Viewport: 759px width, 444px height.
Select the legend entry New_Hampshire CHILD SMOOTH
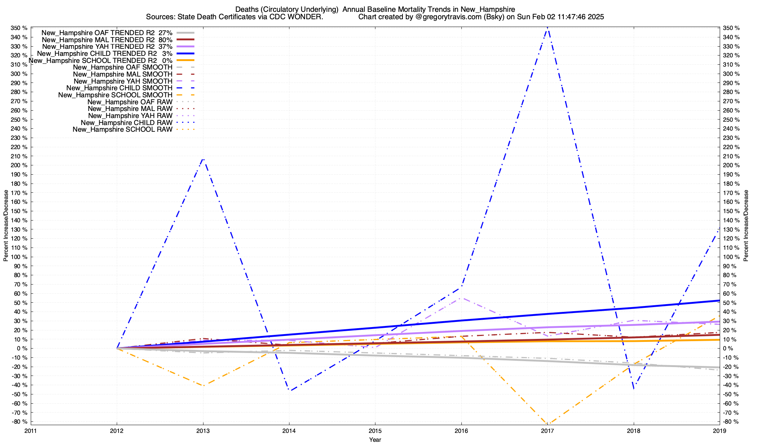[x=119, y=88]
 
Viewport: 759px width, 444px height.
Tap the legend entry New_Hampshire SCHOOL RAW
[x=122, y=129]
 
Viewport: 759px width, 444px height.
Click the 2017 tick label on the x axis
[x=547, y=431]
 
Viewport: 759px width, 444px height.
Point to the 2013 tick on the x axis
[x=203, y=431]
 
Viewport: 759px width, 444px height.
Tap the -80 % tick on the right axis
[x=731, y=422]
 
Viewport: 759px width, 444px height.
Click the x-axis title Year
[x=375, y=440]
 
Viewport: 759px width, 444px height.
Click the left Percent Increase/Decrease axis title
[x=6, y=226]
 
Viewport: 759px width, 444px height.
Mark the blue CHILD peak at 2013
[x=203, y=158]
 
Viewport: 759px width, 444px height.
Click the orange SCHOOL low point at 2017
[x=547, y=424]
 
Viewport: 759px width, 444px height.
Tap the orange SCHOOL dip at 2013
[x=203, y=386]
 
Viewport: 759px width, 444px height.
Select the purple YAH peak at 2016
[x=461, y=297]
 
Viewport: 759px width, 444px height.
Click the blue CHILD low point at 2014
[x=289, y=391]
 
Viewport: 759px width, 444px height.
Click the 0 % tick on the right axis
[x=728, y=349]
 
